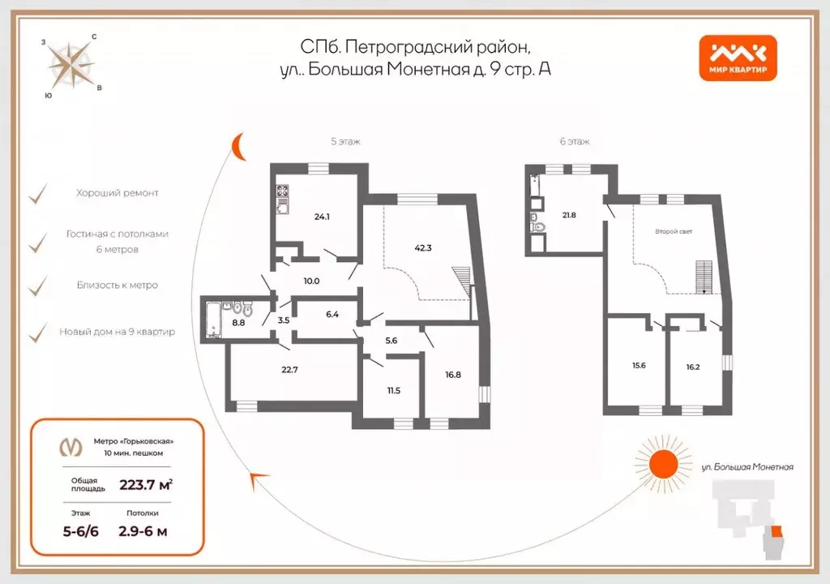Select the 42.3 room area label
pyautogui.click(x=422, y=249)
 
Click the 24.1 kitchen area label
pyautogui.click(x=323, y=217)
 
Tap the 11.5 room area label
pyautogui.click(x=393, y=391)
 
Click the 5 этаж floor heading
pyautogui.click(x=345, y=141)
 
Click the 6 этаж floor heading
pyautogui.click(x=574, y=141)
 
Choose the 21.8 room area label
pyautogui.click(x=570, y=215)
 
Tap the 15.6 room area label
pyautogui.click(x=638, y=366)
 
